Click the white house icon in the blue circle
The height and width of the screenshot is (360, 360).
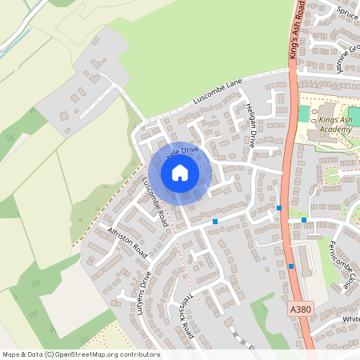click(180, 172)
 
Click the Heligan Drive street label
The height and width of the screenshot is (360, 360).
click(251, 126)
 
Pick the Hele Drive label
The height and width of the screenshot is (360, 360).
click(182, 150)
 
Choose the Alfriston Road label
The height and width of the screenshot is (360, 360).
click(128, 242)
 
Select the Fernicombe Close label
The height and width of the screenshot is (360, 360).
click(340, 265)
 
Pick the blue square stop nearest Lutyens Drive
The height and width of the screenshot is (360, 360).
click(215, 221)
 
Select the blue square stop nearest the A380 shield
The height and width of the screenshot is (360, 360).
click(291, 266)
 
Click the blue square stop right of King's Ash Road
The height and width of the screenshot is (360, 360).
click(304, 220)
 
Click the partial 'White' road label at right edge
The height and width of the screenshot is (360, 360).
click(350, 319)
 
